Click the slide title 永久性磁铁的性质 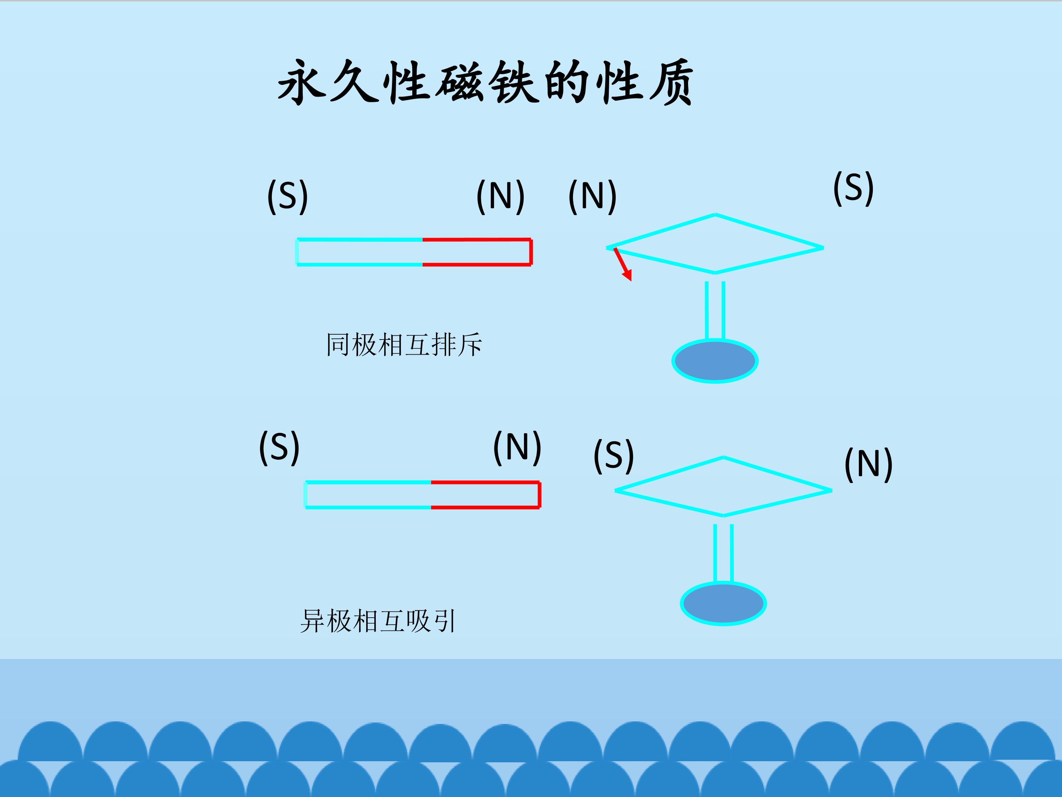485,83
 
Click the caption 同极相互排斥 403,345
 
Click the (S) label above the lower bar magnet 279,447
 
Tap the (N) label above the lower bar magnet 517,447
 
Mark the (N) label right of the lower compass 868,464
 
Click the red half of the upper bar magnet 477,252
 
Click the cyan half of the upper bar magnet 360,252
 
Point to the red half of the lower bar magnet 485,495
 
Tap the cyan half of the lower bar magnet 368,495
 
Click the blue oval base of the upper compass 715,361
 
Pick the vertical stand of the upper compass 715,310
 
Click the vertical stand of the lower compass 723,553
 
